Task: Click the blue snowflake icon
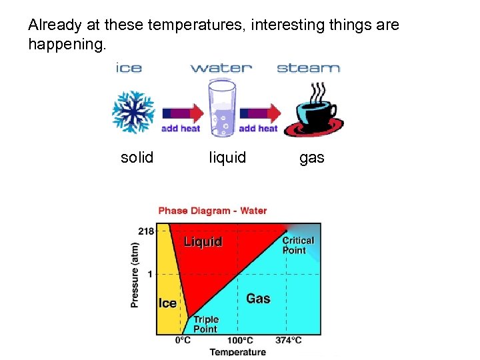click(133, 111)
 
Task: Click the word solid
click(137, 157)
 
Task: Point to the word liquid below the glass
click(227, 157)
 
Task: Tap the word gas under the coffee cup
click(311, 157)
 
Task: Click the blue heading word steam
click(308, 68)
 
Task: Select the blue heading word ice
click(129, 68)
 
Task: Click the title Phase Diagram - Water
click(212, 211)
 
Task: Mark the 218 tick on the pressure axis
click(146, 231)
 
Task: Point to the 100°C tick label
click(240, 340)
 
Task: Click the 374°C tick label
click(288, 340)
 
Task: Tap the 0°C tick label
click(183, 340)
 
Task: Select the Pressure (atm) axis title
click(135, 274)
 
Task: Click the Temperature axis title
click(237, 352)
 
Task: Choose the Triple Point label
click(205, 324)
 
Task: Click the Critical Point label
click(298, 245)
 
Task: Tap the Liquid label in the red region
click(203, 241)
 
